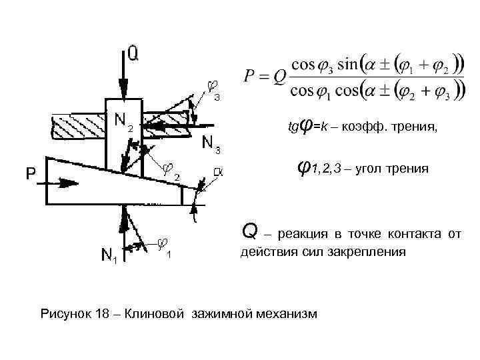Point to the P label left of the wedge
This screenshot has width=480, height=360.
point(31,174)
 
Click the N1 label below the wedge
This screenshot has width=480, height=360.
point(109,255)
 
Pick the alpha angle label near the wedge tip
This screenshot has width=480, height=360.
point(217,171)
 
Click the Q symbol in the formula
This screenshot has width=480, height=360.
point(279,77)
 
